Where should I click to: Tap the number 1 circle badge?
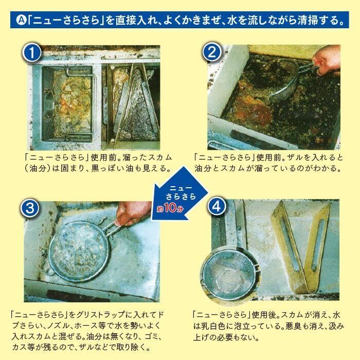(x=32, y=52)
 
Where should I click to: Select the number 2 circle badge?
(x=212, y=52)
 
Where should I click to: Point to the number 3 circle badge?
(x=30, y=209)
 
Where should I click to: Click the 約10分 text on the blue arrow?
(x=170, y=208)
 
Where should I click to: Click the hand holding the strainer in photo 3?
(x=133, y=213)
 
